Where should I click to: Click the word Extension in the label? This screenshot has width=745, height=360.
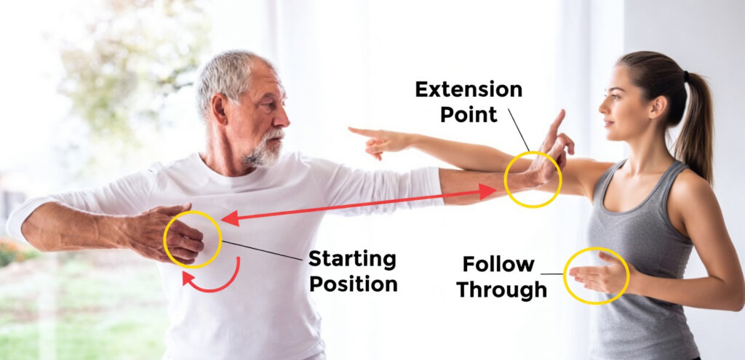469,91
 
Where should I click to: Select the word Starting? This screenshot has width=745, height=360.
352,259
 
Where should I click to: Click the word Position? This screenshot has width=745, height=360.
354,283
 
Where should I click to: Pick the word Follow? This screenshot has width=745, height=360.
498,265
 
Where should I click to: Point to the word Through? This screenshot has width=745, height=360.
501,289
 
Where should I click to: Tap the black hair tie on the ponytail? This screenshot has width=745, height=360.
686,76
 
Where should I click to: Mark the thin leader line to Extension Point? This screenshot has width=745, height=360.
519,129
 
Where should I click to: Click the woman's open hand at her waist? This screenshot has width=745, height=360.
593,276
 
